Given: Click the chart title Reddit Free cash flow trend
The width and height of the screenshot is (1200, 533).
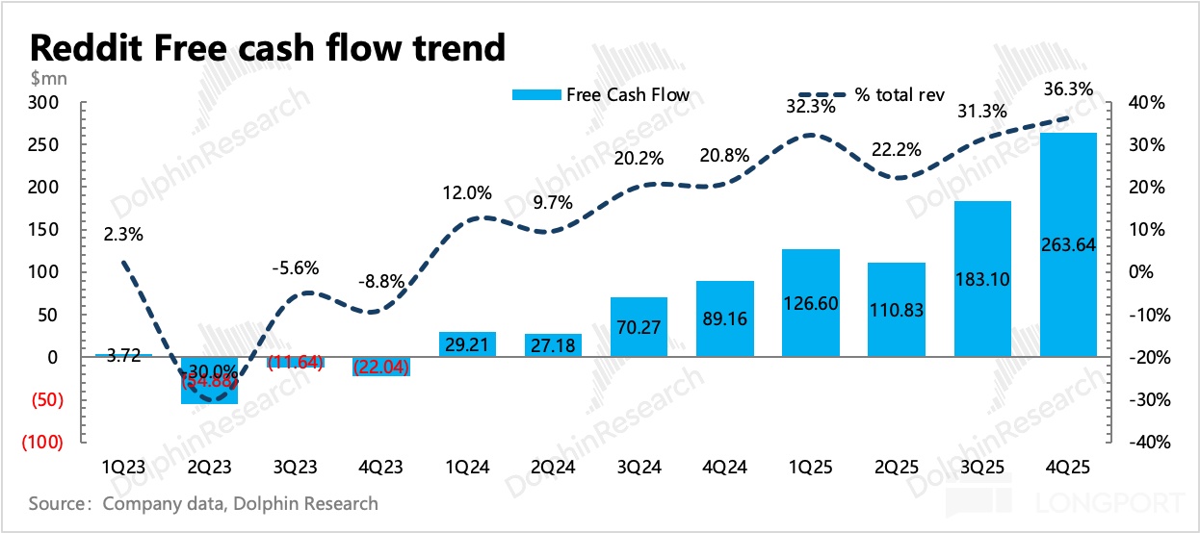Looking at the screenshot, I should click(267, 46).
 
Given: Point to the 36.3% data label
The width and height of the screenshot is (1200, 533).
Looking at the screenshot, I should click(1069, 89).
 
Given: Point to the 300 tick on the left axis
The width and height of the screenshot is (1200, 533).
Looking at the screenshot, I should click(46, 102).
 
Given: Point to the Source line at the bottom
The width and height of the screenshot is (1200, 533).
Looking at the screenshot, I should click(203, 503).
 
